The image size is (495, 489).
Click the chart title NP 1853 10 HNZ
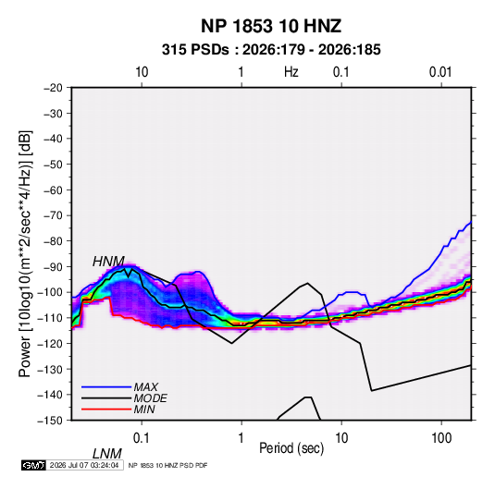coord(271,26)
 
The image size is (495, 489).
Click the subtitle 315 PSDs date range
coord(271,50)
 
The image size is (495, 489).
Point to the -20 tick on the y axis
coord(53,88)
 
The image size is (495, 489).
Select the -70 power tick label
coord(53,215)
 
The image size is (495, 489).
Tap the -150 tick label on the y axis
coord(51,421)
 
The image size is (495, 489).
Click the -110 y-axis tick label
coord(51,318)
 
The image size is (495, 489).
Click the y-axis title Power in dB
coord(25,253)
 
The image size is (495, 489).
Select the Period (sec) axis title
coord(291,448)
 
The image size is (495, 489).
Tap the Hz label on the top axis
coord(291,72)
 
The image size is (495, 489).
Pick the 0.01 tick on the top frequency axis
coord(440,72)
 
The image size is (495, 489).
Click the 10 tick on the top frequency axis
coord(142,72)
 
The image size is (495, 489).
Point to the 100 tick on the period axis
coord(441,438)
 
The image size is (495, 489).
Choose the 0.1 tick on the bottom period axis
coord(141,438)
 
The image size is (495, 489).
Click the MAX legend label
coord(146,387)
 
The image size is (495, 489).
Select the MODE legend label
coord(150,398)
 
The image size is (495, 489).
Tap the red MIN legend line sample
coord(106,410)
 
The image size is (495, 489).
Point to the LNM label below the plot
coord(107,454)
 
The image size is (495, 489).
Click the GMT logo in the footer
coord(33,465)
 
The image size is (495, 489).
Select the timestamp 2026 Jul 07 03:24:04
coord(84,465)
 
